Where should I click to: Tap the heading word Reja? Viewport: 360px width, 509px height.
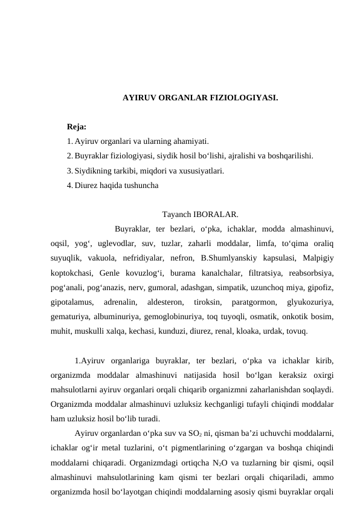pos(77,128)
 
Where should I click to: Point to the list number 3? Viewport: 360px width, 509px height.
pos(70,171)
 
